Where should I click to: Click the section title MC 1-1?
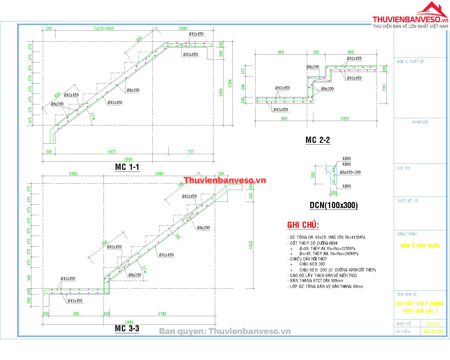click(127, 167)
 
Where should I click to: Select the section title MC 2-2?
click(318, 140)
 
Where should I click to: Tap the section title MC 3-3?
click(127, 328)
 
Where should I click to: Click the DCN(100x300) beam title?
click(334, 205)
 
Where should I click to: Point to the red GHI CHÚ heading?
click(303, 225)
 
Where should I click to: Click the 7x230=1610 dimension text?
click(103, 28)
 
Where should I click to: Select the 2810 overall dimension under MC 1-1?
click(128, 159)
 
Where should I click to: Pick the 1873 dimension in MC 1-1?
click(112, 152)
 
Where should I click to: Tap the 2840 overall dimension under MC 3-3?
click(129, 322)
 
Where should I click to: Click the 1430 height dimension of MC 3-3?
click(251, 244)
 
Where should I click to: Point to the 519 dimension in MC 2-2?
click(384, 88)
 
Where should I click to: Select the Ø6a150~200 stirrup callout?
click(350, 172)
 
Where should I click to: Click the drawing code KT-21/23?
click(433, 332)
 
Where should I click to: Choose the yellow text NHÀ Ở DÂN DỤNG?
click(420, 246)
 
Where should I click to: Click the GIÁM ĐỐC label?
click(420, 122)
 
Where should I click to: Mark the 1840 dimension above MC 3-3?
click(159, 174)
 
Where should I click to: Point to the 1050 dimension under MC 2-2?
click(345, 119)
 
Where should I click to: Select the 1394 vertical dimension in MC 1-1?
click(230, 84)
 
